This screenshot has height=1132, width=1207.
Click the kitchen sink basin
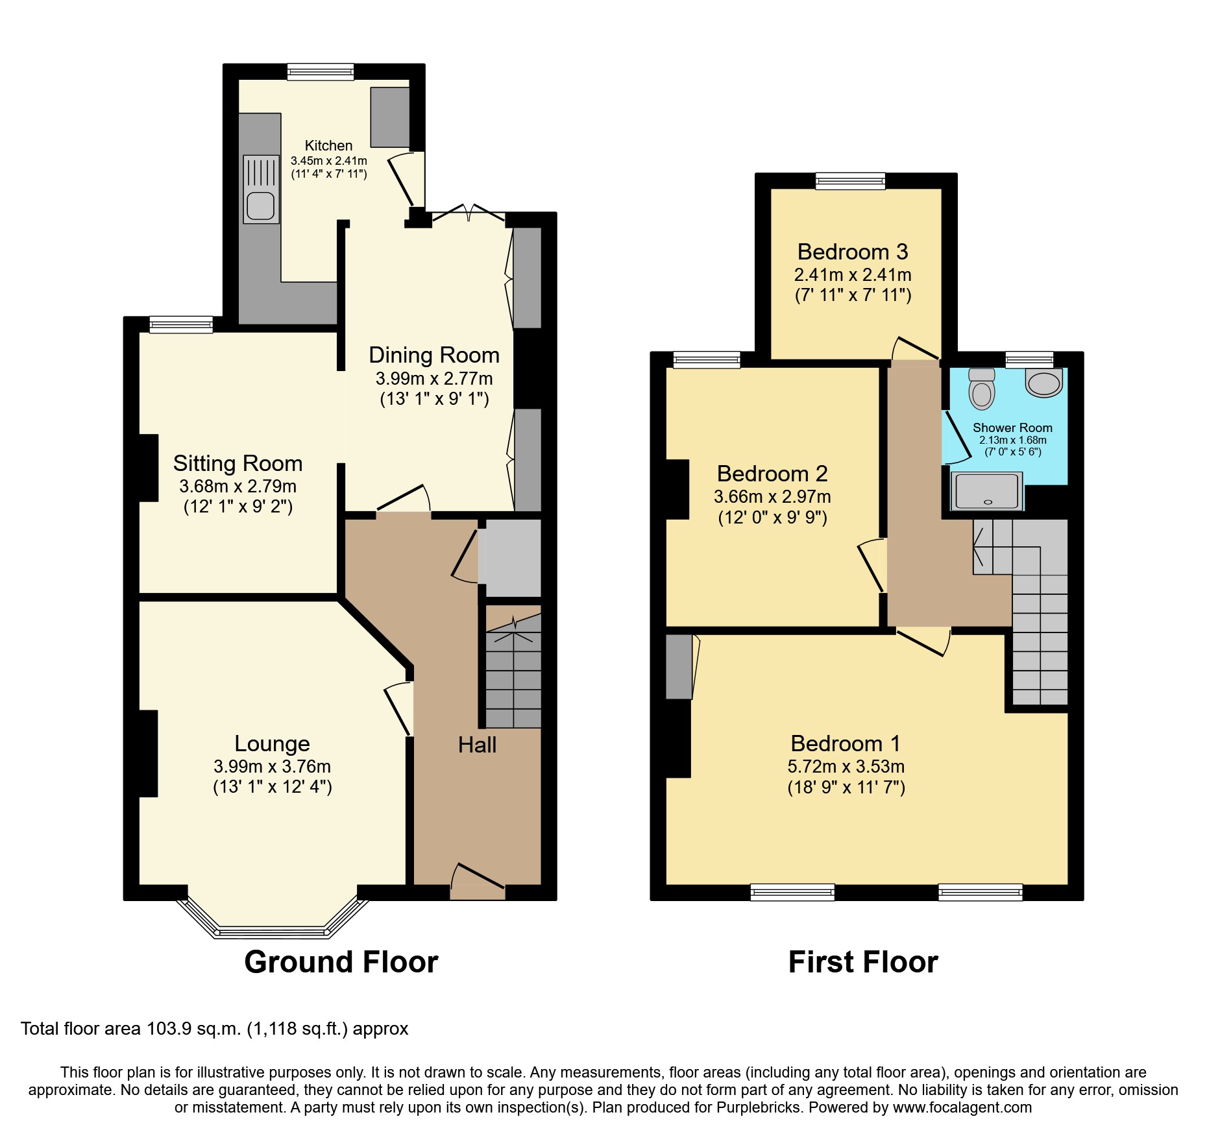(261, 206)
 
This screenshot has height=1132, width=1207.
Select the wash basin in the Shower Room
(1044, 383)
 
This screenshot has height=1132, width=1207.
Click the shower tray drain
(988, 501)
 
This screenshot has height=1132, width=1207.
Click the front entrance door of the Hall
(478, 882)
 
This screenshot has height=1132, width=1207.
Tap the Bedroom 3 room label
(852, 252)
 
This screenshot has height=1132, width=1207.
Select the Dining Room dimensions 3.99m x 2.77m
(433, 378)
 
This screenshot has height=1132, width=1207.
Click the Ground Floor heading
(341, 962)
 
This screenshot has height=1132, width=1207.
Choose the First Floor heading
(862, 962)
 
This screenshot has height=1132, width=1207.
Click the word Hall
(477, 745)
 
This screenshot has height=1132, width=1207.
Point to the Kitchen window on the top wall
(321, 72)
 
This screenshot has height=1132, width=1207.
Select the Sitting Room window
(181, 324)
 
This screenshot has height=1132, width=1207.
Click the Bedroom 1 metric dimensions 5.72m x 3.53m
(846, 766)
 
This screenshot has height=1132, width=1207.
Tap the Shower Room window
(1029, 359)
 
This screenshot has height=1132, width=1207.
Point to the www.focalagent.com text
(962, 1107)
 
